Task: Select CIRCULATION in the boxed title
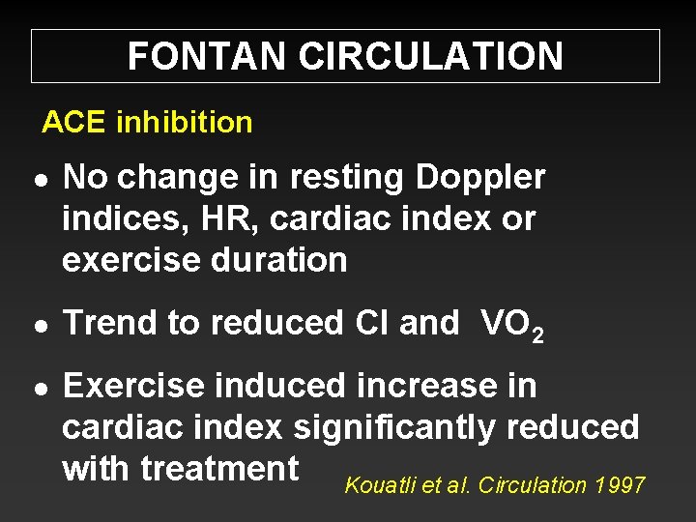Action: click(431, 57)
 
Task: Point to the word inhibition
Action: click(184, 123)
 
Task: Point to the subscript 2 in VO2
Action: click(536, 334)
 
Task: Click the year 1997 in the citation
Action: click(621, 485)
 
